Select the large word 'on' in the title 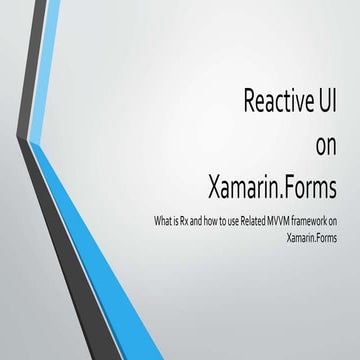[327, 146]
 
